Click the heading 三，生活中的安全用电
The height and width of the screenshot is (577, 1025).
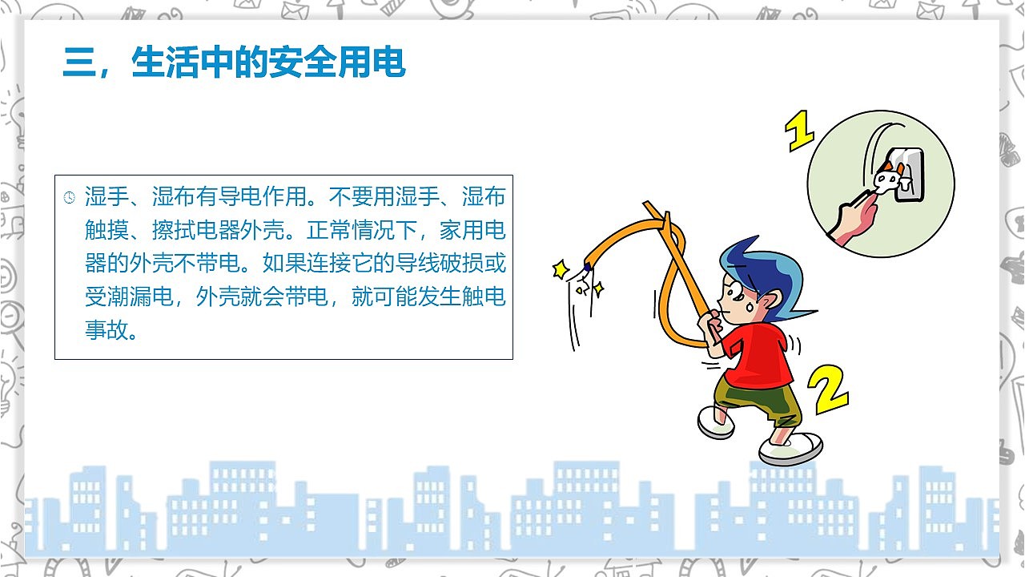234,63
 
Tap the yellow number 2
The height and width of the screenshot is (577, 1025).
826,390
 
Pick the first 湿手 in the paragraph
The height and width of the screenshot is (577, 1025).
102,197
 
